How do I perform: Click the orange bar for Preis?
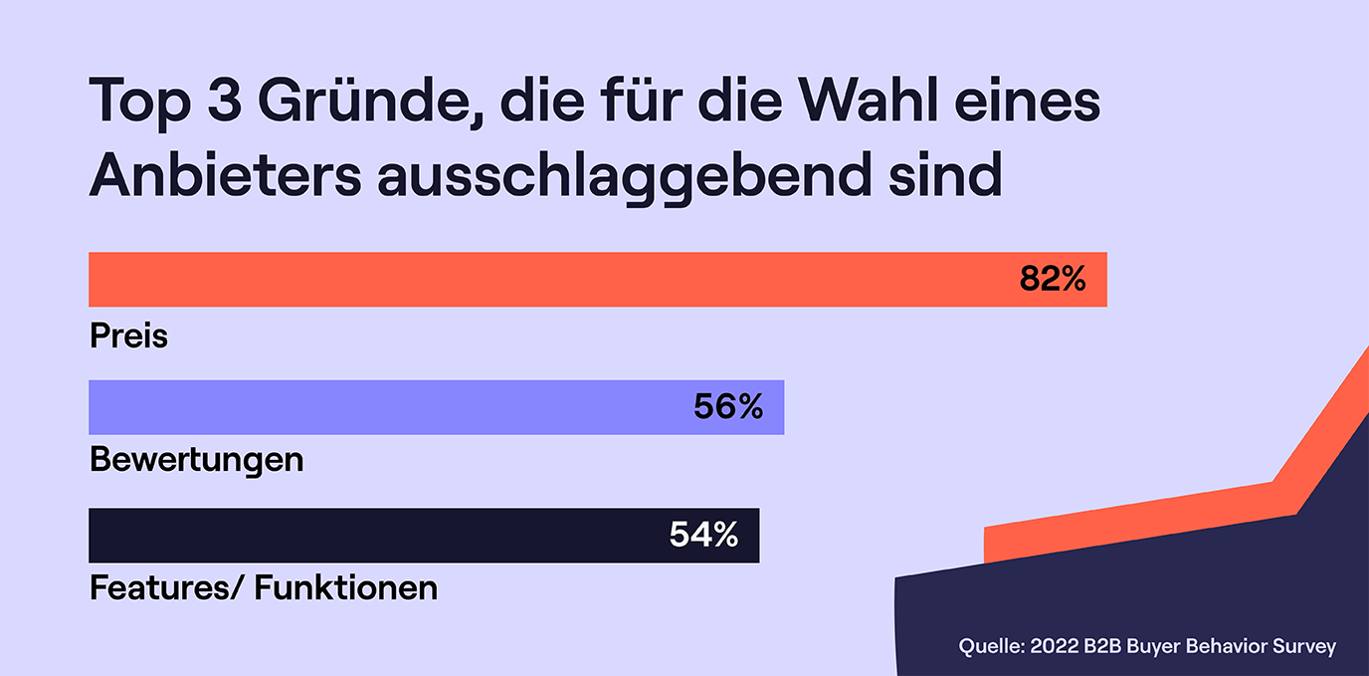coord(547,279)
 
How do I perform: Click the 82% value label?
coord(1052,279)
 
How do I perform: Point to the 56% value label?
coord(728,407)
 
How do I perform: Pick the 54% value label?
coord(703,536)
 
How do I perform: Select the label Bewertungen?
coord(196,461)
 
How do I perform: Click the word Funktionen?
coord(346,588)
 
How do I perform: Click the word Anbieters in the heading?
coord(225,176)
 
